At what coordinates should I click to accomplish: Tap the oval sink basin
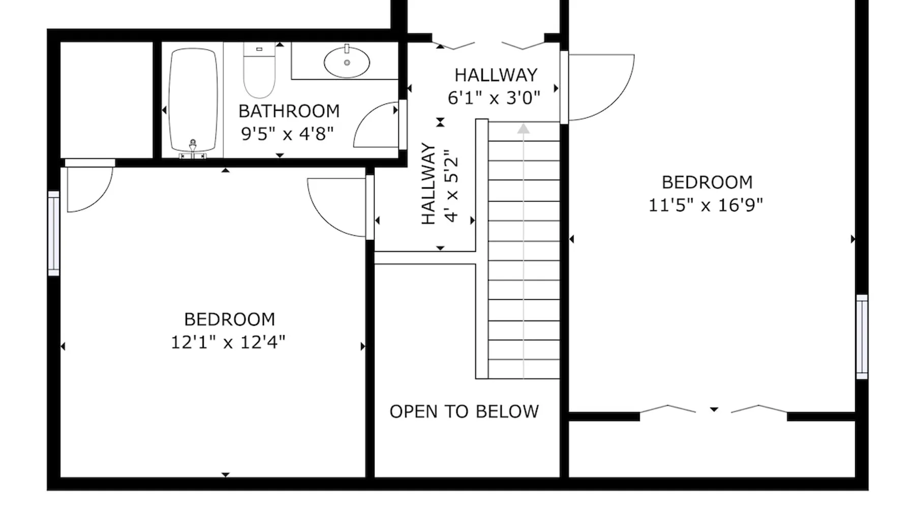(x=347, y=62)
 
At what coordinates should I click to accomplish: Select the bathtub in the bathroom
(x=193, y=100)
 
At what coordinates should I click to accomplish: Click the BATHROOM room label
(x=289, y=111)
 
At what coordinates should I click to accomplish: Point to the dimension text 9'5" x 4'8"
(x=287, y=134)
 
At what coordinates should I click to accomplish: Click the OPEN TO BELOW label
(x=464, y=411)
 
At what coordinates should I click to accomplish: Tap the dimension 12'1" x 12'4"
(x=228, y=342)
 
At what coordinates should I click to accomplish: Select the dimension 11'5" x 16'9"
(x=706, y=205)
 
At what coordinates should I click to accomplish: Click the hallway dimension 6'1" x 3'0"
(x=494, y=98)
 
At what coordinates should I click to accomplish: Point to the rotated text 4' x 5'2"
(x=451, y=186)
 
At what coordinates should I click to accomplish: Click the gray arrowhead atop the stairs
(x=524, y=129)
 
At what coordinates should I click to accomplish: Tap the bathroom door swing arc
(x=363, y=118)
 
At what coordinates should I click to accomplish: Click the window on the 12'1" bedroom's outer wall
(x=54, y=233)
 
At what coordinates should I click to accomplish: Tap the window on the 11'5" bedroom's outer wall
(x=862, y=336)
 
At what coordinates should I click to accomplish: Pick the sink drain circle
(x=347, y=63)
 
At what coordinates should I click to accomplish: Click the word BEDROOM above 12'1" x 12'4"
(x=229, y=320)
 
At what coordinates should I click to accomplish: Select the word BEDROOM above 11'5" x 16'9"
(x=707, y=182)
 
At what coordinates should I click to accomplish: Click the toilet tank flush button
(x=259, y=49)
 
